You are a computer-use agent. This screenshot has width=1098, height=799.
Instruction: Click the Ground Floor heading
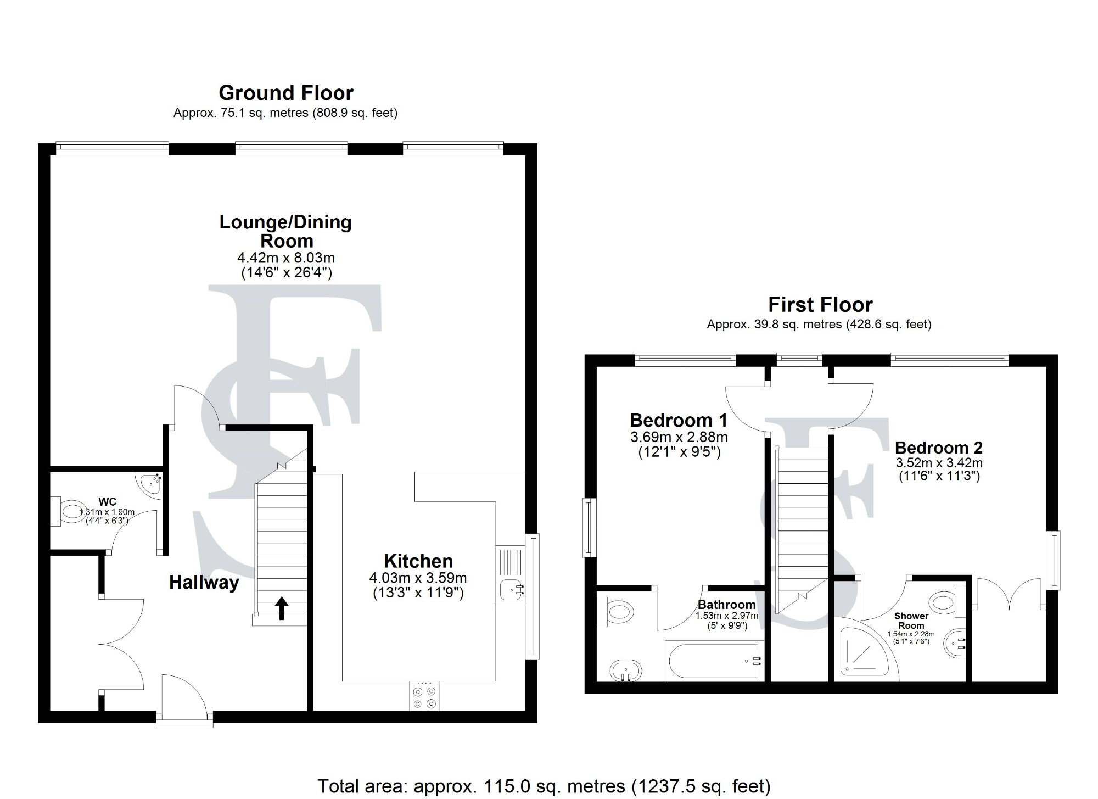click(285, 93)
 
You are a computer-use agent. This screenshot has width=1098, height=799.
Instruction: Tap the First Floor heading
click(820, 304)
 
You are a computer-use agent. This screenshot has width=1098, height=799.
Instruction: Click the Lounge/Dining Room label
click(285, 231)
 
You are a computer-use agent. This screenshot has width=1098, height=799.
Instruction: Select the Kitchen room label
click(418, 561)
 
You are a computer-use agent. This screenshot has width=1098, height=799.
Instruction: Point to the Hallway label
click(204, 582)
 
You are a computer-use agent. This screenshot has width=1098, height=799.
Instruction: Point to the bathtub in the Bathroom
click(714, 661)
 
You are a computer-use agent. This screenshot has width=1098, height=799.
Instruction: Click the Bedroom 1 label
click(678, 420)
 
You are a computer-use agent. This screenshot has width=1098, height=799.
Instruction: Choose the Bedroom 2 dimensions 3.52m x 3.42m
click(939, 463)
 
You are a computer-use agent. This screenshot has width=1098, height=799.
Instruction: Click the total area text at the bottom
click(544, 786)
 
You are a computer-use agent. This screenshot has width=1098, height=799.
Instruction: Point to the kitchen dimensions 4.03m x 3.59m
click(418, 578)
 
